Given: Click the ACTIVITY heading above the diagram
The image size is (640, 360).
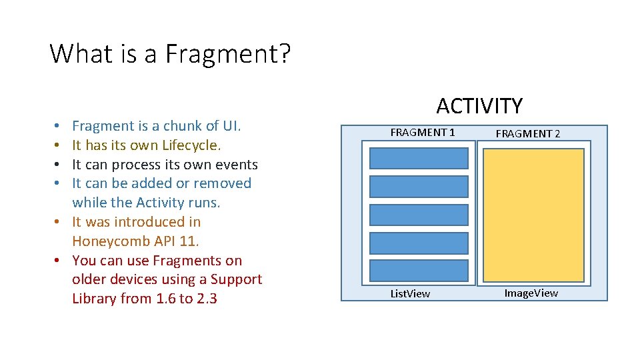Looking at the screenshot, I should coord(479,106).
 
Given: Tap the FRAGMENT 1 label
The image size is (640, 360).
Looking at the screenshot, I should coord(423,133).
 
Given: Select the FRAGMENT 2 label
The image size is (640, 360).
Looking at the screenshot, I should coord(527,133).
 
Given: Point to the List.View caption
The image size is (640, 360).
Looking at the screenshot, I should coord(410,293).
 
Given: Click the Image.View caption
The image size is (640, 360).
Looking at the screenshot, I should coord(531,293).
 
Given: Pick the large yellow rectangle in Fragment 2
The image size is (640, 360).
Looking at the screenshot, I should coord(533,215).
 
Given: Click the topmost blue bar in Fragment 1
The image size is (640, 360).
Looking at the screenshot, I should coord(419,158).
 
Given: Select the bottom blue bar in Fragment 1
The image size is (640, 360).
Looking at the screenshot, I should coord(419,271).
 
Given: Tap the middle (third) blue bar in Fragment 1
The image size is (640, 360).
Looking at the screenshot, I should coord(419,215).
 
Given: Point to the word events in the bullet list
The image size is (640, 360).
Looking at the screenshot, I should coord(236,165).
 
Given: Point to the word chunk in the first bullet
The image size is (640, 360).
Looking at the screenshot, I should coord(182,126).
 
